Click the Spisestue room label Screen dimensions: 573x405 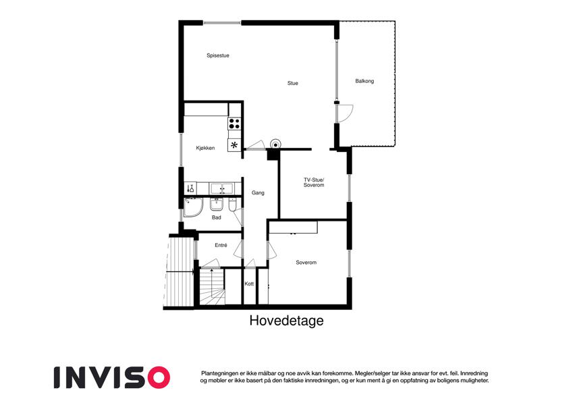tap(218, 55)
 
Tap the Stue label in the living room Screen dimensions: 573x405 tap(293, 83)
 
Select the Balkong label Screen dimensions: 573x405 tap(364, 81)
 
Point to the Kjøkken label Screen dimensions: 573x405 tap(205, 148)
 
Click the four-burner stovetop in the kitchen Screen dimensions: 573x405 tap(234, 123)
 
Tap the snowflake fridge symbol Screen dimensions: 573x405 tap(234, 145)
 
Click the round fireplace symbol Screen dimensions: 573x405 tap(275, 144)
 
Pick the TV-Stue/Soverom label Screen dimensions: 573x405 tap(314, 182)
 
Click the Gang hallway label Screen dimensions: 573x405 tap(258, 192)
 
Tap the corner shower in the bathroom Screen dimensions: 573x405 tap(193, 207)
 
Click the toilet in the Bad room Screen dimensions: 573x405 tap(233, 205)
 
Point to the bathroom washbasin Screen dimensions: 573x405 tap(217, 205)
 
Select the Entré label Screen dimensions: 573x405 tap(221, 245)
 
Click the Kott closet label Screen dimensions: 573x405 tap(249, 283)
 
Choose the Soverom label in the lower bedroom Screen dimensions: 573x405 tap(306, 263)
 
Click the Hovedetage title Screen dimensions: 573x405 tap(286, 321)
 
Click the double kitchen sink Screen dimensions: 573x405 tap(221, 188)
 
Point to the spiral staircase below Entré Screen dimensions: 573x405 tap(213, 287)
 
